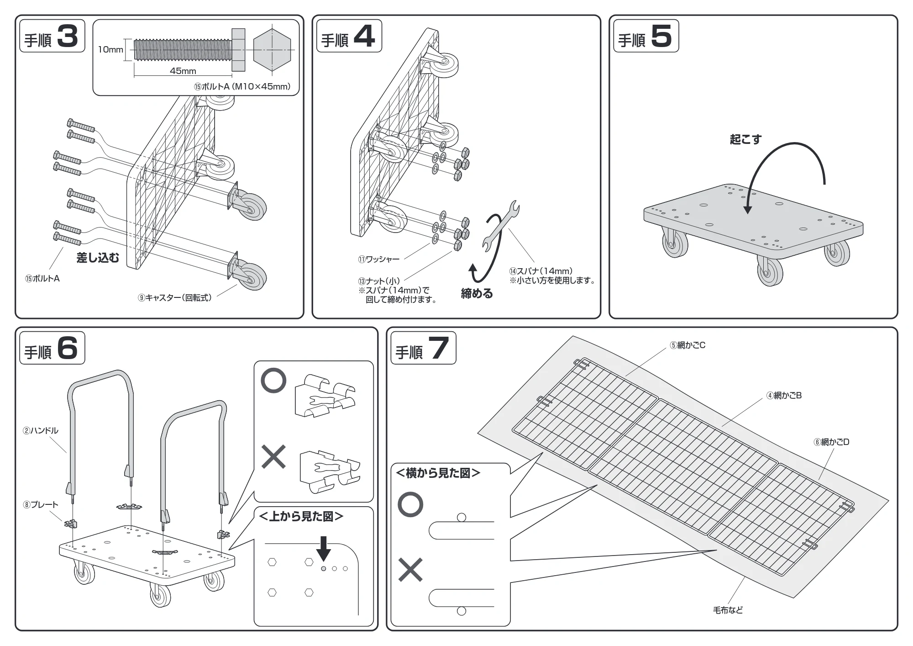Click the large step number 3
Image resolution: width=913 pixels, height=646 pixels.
tap(68, 36)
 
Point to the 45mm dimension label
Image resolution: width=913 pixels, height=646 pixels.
tap(183, 71)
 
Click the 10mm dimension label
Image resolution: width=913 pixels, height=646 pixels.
tap(110, 49)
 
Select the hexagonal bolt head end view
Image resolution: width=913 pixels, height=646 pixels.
tap(272, 49)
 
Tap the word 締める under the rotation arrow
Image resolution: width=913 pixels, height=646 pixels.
tap(477, 294)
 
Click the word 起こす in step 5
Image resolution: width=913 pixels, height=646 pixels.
tap(745, 139)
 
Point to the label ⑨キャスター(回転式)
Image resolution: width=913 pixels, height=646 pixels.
tap(175, 298)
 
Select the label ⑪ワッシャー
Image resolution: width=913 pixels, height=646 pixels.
tap(378, 259)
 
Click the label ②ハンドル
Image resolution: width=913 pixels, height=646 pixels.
tap(41, 430)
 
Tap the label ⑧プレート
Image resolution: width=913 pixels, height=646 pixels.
tap(41, 505)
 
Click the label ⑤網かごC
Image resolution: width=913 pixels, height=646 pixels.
tap(687, 345)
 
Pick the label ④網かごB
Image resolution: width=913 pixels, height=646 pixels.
tap(784, 396)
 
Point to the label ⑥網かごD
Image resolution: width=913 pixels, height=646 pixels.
tap(831, 442)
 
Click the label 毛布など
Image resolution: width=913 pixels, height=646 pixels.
tap(728, 610)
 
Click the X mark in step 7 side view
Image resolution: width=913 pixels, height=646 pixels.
tap(410, 570)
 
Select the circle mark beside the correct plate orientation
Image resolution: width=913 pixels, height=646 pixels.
tap(273, 381)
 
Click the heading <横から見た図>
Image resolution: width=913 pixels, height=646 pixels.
tap(438, 473)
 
